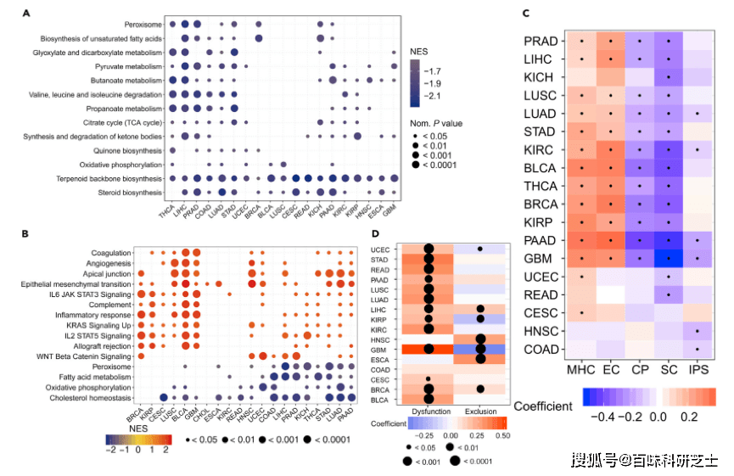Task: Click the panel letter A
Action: (27, 14)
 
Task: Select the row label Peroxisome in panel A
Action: (140, 25)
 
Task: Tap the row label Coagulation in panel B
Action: (113, 252)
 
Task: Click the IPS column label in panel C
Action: (698, 370)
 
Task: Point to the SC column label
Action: (669, 370)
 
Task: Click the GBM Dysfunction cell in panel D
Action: (429, 348)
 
